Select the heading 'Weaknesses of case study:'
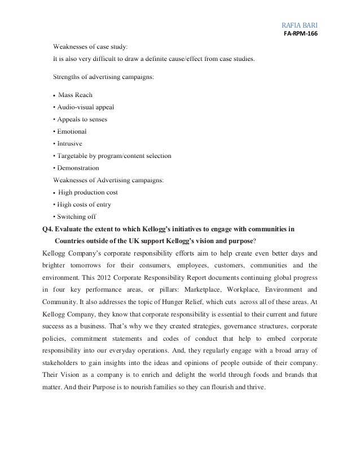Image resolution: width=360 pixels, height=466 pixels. pos(90,45)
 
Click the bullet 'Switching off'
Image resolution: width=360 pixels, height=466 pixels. pos(76,216)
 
